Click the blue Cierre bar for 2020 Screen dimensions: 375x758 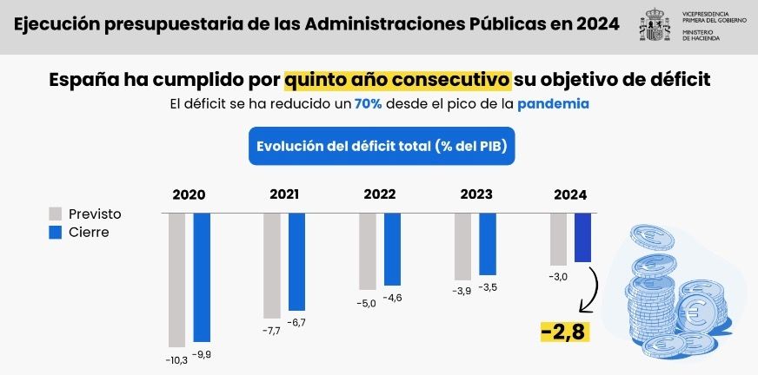click(202, 276)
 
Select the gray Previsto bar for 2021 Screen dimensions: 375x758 click(272, 265)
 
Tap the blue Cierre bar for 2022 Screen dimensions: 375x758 click(392, 248)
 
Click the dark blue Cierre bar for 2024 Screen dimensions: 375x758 click(582, 237)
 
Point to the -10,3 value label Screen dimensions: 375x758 click(177, 358)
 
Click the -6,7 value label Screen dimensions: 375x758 click(296, 322)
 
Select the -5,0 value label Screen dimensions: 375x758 click(367, 302)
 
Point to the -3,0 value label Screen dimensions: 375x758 click(557, 277)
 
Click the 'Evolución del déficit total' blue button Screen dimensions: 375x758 click(382, 147)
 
